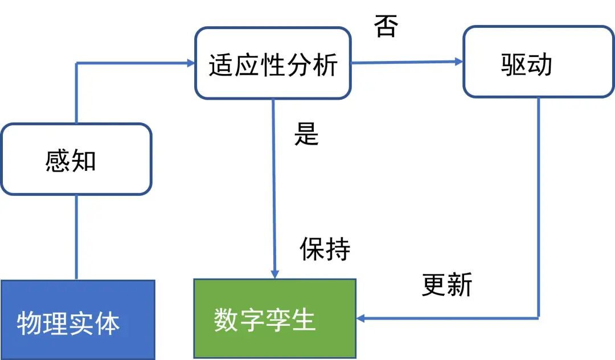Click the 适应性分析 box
(273, 63)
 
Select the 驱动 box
(538, 62)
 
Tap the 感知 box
(76, 159)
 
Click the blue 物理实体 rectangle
(77, 320)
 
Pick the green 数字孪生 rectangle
(274, 318)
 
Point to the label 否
(386, 26)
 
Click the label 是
(306, 133)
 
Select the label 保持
(325, 249)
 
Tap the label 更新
(447, 284)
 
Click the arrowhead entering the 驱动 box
(458, 62)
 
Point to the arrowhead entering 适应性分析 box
(190, 63)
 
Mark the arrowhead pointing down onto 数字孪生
(275, 274)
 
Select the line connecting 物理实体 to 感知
(76, 237)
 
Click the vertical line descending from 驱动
(538, 205)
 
